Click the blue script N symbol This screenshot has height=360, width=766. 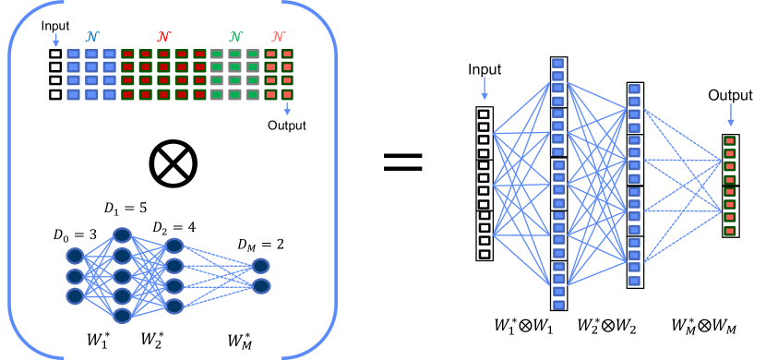pos(91,37)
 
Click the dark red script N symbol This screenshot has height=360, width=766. pos(163,37)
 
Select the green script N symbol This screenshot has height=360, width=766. pos(235,37)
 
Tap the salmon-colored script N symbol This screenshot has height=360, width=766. pos(278,37)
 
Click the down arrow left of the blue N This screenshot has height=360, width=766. pos(56,40)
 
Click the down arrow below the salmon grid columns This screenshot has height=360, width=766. pos(287,109)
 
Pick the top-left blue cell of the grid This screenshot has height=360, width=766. pos(74,54)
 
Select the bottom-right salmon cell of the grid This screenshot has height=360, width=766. pos(287,94)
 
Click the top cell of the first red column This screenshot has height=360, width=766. pos(127,54)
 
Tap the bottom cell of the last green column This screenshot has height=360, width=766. pos(253,94)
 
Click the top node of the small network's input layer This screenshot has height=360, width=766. pos(75,256)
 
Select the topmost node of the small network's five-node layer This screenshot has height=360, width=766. pos(122,235)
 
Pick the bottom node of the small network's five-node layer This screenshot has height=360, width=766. pos(122,316)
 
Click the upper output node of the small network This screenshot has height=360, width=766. pos(261,266)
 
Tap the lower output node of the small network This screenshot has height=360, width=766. pos(261,286)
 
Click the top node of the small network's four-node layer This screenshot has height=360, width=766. pos(174,246)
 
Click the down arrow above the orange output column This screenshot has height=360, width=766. pos(730,115)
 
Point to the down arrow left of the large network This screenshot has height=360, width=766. pos(485,89)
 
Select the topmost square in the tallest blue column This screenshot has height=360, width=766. pos(557,64)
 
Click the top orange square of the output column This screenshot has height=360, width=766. pos(729,141)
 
